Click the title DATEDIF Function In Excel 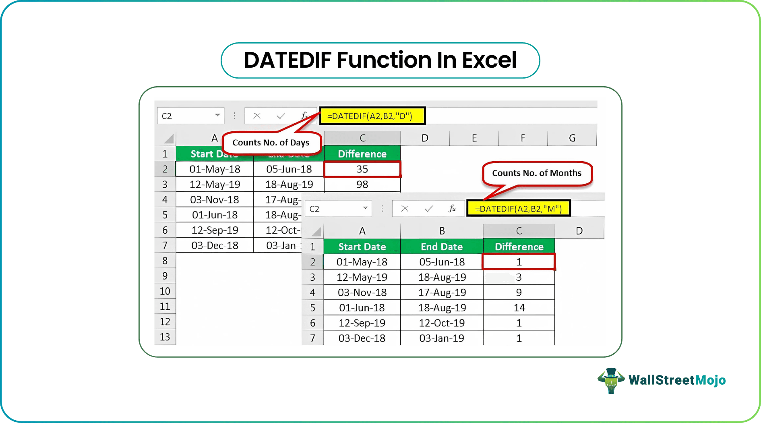(x=380, y=60)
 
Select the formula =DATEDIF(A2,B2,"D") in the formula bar (x=370, y=116)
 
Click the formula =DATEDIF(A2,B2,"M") (x=518, y=209)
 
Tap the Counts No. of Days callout (x=271, y=143)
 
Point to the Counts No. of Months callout (x=536, y=173)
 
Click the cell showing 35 (x=362, y=169)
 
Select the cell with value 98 (x=362, y=185)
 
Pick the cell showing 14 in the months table (x=519, y=308)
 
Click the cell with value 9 (x=519, y=292)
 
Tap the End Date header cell (x=442, y=247)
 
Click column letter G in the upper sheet (x=572, y=138)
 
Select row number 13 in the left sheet (x=165, y=337)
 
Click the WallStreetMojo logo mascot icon (x=611, y=380)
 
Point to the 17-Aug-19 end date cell (x=442, y=292)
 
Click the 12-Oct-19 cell (x=442, y=323)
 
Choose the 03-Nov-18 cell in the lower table (x=362, y=292)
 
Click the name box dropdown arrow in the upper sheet (x=217, y=115)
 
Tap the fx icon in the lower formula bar (x=452, y=208)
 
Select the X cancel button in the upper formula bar (x=257, y=116)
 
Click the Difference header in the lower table (x=519, y=247)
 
